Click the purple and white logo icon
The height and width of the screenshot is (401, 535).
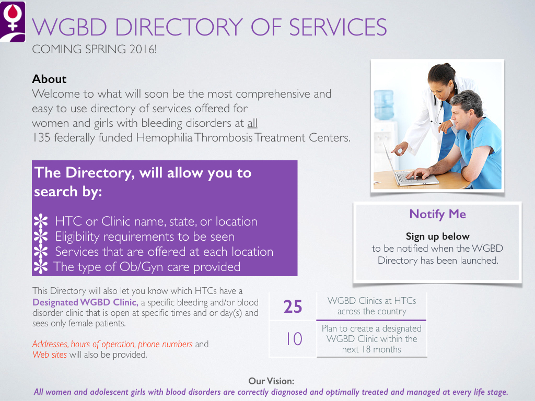click(x=13, y=22)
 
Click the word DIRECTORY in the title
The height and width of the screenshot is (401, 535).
click(x=179, y=27)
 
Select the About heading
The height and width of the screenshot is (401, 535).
click(x=49, y=79)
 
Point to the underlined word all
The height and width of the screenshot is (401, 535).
click(x=252, y=123)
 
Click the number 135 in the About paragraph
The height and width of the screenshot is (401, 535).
click(x=41, y=137)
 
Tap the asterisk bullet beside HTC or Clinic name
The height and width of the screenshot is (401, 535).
click(x=41, y=221)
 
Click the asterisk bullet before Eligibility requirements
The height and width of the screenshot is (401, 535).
click(x=41, y=236)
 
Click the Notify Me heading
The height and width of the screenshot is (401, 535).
click(x=437, y=214)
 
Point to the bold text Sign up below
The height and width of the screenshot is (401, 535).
click(x=437, y=237)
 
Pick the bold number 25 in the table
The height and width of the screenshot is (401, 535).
click(x=293, y=306)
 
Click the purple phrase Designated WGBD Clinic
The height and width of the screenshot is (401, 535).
click(x=85, y=302)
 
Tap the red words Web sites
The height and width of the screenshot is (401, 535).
click(x=50, y=355)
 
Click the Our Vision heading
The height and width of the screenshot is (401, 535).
click(x=271, y=381)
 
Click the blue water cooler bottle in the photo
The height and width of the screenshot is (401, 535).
click(x=384, y=105)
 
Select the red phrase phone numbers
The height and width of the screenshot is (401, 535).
click(x=165, y=344)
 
